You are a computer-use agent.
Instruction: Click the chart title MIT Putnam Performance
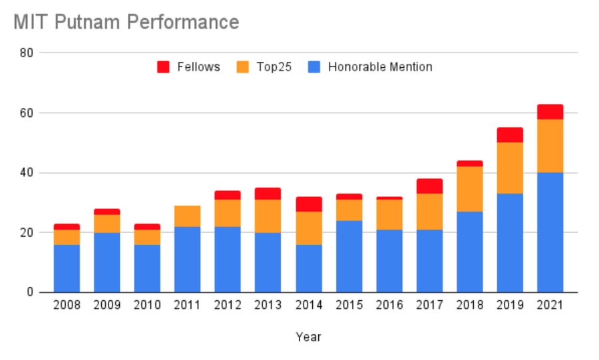coord(126,22)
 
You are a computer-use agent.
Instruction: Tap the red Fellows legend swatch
coord(164,67)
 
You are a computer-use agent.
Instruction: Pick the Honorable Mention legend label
coord(380,67)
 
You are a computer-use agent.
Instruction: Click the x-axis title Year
coord(308,337)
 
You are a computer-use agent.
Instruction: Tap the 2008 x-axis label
coord(67,305)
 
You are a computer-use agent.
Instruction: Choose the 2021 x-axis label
coord(550,305)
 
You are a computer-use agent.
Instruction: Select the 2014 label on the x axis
coord(308,305)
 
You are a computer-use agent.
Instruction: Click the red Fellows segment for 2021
coord(550,112)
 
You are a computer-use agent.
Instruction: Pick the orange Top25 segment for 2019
coord(510,168)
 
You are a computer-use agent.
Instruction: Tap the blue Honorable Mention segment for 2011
coord(187,260)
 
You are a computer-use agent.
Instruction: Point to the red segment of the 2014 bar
coord(308,204)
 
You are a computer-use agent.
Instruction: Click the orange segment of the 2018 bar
coord(469,189)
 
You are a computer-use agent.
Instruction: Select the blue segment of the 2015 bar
coord(349,256)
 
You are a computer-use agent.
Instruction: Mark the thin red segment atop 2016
coord(389,198)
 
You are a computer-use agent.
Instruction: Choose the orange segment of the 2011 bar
coord(187,216)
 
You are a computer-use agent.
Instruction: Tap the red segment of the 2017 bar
coord(429,186)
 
